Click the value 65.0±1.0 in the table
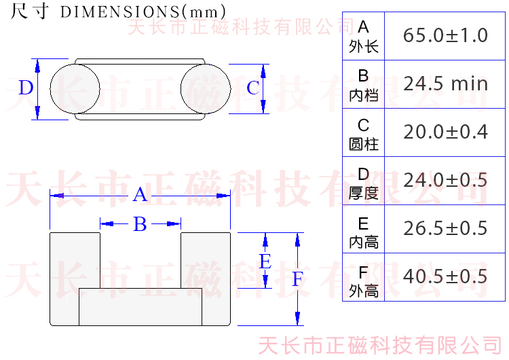click(x=445, y=35)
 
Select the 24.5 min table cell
click(x=445, y=84)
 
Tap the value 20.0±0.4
click(x=445, y=132)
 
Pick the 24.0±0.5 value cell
click(x=445, y=180)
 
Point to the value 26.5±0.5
click(x=445, y=228)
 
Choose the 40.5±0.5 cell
click(x=445, y=276)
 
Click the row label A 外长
click(x=364, y=36)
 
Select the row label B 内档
click(x=364, y=84)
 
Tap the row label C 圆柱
click(x=364, y=133)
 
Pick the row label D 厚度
click(x=364, y=181)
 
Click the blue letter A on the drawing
click(x=140, y=195)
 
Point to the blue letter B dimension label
click(x=140, y=224)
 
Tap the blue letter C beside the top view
click(x=252, y=88)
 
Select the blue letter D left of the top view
click(x=25, y=88)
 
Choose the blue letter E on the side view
click(x=265, y=262)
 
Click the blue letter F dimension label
click(x=297, y=279)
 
